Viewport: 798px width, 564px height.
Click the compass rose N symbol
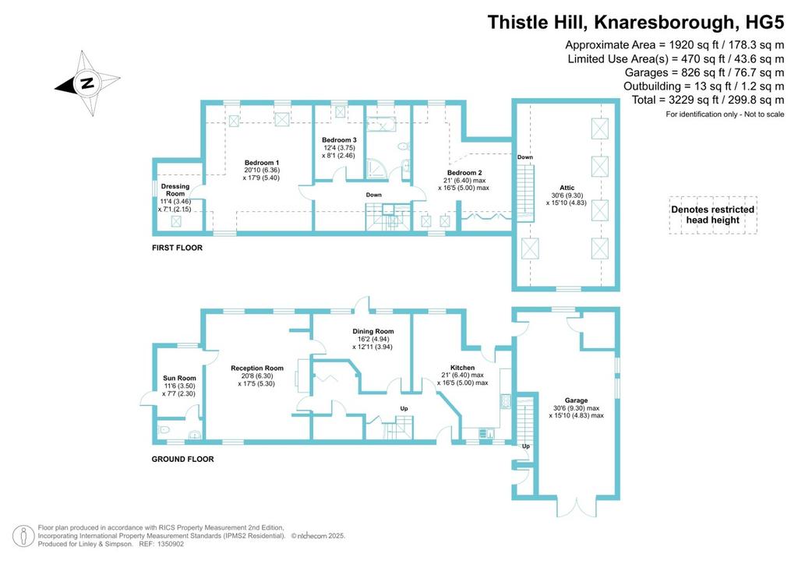87,83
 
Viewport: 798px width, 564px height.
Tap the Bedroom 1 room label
262,163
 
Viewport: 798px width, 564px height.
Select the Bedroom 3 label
339,140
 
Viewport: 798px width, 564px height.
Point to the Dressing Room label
175,190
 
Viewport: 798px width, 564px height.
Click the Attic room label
567,188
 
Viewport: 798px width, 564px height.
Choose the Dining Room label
373,331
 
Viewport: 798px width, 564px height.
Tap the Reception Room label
257,368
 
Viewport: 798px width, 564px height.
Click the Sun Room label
179,378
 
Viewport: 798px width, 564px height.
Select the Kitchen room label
462,368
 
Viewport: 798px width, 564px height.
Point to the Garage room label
576,400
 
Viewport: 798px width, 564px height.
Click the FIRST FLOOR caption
177,248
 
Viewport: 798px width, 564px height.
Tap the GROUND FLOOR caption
182,459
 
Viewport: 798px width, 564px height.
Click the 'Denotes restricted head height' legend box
713,215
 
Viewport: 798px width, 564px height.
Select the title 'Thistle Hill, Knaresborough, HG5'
636,23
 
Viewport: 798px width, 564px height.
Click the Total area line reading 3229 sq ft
708,100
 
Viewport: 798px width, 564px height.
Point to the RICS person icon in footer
23,536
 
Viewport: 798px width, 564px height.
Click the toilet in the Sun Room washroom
164,430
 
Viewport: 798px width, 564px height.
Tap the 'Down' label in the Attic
524,157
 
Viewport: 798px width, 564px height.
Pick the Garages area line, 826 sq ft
704,72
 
